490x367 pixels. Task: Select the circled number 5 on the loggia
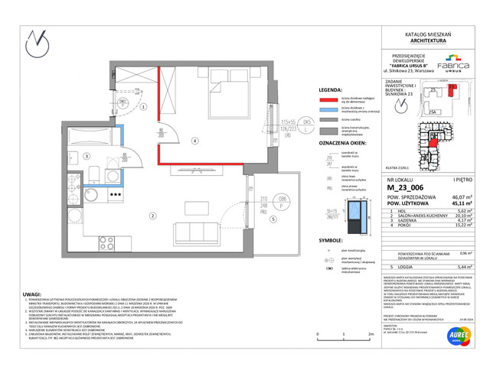click(x=273, y=218)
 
